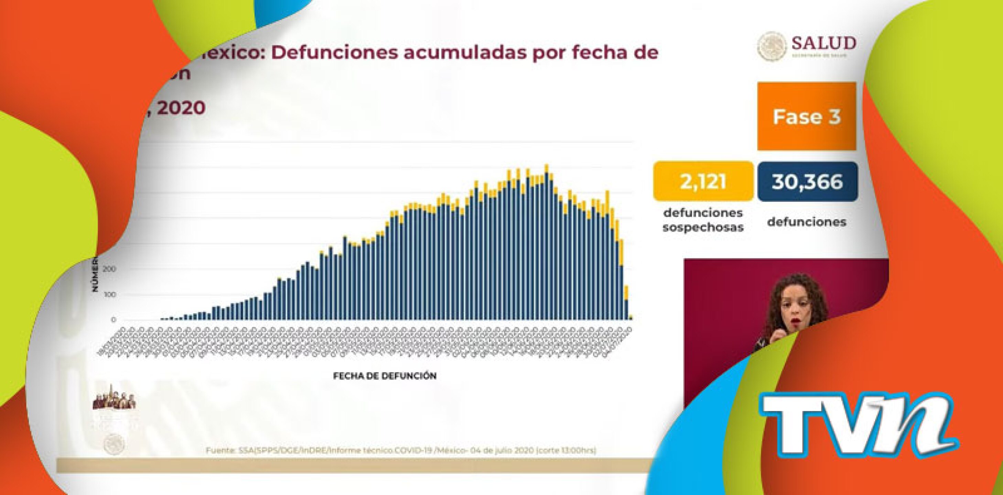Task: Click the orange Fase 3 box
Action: click(806, 116)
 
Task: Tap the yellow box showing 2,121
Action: click(703, 181)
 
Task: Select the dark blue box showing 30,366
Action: click(807, 181)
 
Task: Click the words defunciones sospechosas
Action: click(703, 220)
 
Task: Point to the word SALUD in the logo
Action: click(823, 43)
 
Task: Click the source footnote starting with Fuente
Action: click(401, 451)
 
